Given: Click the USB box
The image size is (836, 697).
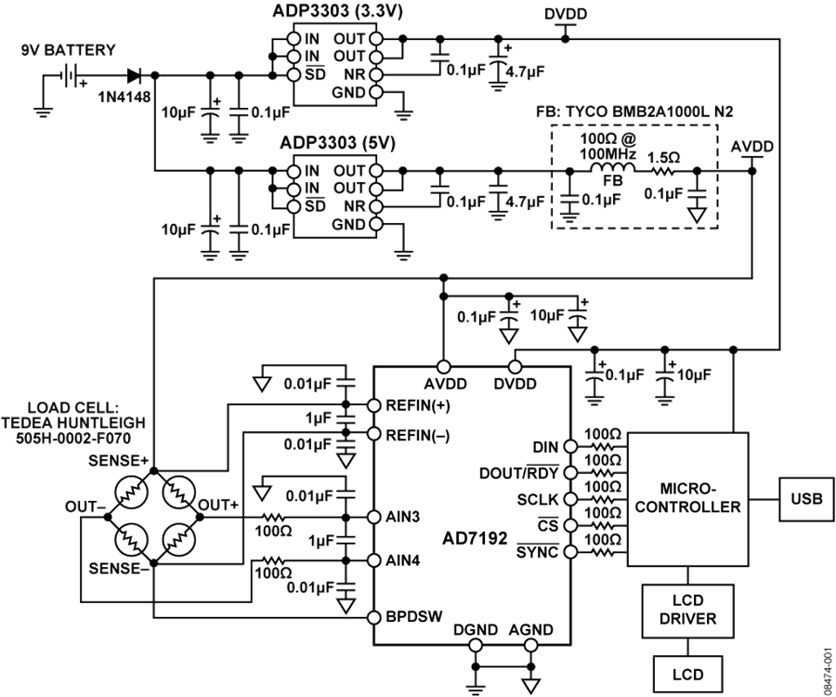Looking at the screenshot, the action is pyautogui.click(x=806, y=499).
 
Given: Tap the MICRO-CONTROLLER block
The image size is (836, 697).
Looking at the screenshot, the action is pyautogui.click(x=687, y=499).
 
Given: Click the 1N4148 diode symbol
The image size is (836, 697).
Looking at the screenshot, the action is pyautogui.click(x=135, y=75).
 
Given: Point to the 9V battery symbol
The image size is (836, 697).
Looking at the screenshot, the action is pyautogui.click(x=69, y=75).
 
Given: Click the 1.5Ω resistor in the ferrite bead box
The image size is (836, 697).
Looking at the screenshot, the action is pyautogui.click(x=662, y=171).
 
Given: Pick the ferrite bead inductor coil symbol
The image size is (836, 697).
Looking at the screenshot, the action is pyautogui.click(x=613, y=168).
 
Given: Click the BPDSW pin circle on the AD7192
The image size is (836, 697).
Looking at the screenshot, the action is pyautogui.click(x=374, y=617).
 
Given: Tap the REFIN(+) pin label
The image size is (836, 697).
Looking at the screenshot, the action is pyautogui.click(x=418, y=406).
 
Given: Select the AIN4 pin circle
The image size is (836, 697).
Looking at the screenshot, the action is pyautogui.click(x=374, y=560).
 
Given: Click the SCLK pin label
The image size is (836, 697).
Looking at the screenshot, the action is pyautogui.click(x=538, y=500).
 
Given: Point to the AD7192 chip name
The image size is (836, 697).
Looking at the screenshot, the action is pyautogui.click(x=475, y=539).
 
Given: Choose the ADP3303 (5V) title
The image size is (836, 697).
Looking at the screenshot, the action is pyautogui.click(x=337, y=143).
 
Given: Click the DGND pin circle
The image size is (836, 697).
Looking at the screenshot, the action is pyautogui.click(x=476, y=645).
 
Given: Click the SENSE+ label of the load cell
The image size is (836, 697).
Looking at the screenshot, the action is pyautogui.click(x=118, y=461).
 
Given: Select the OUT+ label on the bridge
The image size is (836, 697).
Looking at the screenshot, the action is pyautogui.click(x=218, y=505).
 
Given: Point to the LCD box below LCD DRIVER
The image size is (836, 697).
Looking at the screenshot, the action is pyautogui.click(x=687, y=674).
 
